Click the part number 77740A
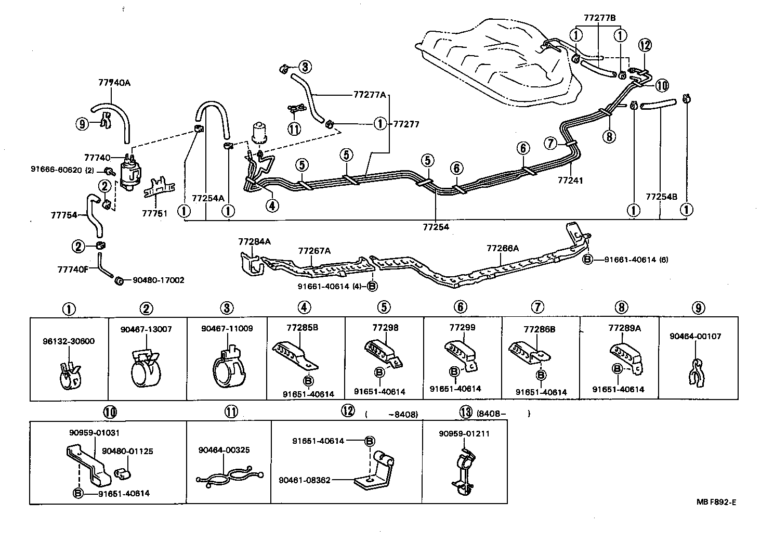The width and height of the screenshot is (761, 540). coord(114,82)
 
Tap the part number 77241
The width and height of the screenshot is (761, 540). coord(570,181)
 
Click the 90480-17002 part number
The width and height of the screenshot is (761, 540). coord(158,280)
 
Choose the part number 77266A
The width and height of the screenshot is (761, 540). coord(502,249)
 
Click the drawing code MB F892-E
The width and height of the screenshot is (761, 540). coord(716,502)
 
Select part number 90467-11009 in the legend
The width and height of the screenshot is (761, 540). coord(227,329)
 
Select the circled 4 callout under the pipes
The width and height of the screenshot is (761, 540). coord(272,206)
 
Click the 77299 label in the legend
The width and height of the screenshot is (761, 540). coord(462,328)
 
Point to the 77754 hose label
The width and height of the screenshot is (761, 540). coord(63,215)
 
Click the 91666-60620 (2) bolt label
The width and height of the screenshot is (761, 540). coord(62,170)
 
